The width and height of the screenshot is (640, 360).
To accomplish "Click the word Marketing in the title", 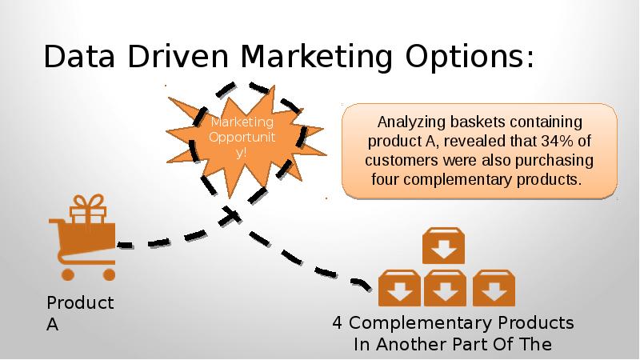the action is click(316, 57).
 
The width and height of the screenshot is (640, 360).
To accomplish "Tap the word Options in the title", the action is click(469, 57).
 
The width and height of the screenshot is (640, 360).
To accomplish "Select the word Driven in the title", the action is click(178, 56).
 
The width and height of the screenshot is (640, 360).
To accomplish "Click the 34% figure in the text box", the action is click(557, 142).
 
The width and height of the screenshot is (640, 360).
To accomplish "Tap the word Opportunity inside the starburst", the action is click(242, 144).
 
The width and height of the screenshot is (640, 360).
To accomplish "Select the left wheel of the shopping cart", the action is click(68, 274).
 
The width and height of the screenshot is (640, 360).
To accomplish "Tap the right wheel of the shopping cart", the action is click(109, 274).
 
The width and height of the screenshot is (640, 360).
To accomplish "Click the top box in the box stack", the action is click(443, 246).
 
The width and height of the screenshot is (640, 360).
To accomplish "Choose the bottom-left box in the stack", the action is click(399, 288).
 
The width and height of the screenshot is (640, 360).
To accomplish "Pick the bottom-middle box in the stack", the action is click(445, 288).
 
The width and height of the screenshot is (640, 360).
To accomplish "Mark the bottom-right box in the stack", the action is click(494, 288).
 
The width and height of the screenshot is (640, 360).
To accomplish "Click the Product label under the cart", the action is click(81, 303).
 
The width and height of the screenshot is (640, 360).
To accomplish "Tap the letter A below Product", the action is click(52, 325).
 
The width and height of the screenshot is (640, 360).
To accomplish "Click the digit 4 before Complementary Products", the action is click(338, 323).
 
